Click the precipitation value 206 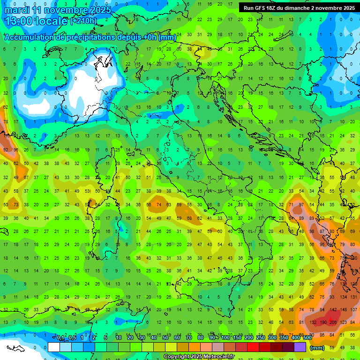[333, 322]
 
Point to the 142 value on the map [333, 310]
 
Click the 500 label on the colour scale [307, 338]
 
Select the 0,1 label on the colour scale [60, 338]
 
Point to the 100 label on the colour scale [225, 338]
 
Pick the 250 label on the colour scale [260, 338]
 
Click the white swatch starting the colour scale [54, 347]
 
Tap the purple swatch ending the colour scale [300, 347]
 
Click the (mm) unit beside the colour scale [318, 347]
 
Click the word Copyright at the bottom [177, 357]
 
